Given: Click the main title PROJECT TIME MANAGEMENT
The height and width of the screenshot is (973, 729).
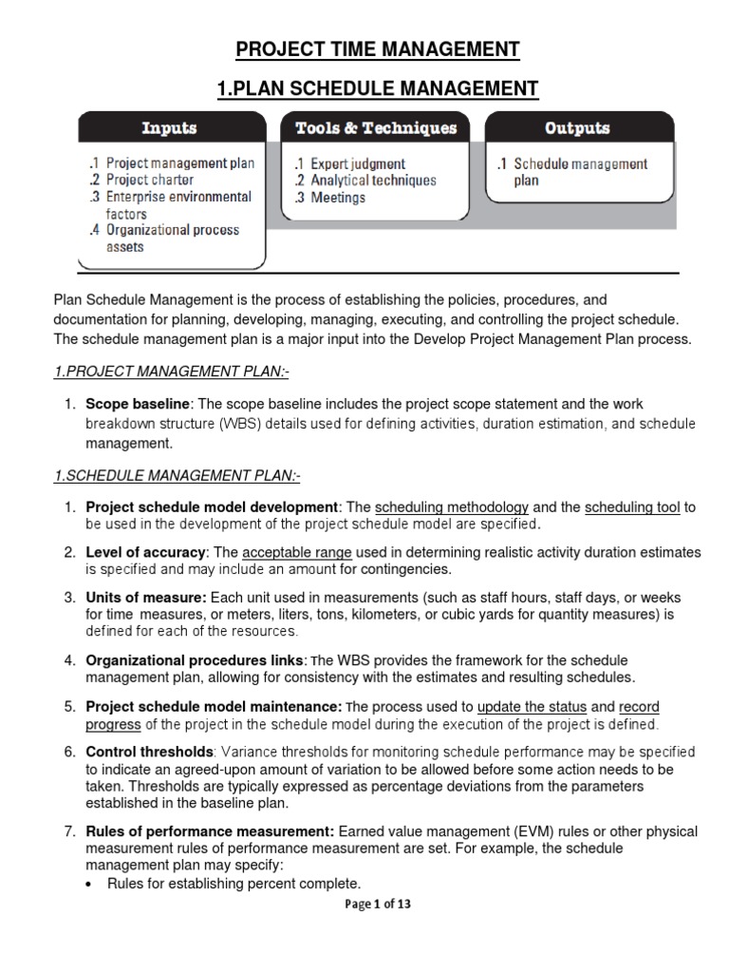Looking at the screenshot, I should coord(377,49).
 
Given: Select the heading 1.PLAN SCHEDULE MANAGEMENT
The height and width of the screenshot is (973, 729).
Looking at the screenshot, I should coord(377,89).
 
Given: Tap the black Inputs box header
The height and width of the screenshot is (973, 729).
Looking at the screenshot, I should coord(171,128).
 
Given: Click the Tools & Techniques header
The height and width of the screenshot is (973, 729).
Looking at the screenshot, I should coord(376,128).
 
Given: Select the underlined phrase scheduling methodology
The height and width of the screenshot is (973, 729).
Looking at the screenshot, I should coord(452,508).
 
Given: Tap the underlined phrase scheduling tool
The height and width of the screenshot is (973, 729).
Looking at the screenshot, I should coord(632,508).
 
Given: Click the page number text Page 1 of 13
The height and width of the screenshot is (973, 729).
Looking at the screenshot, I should coord(377,905).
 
